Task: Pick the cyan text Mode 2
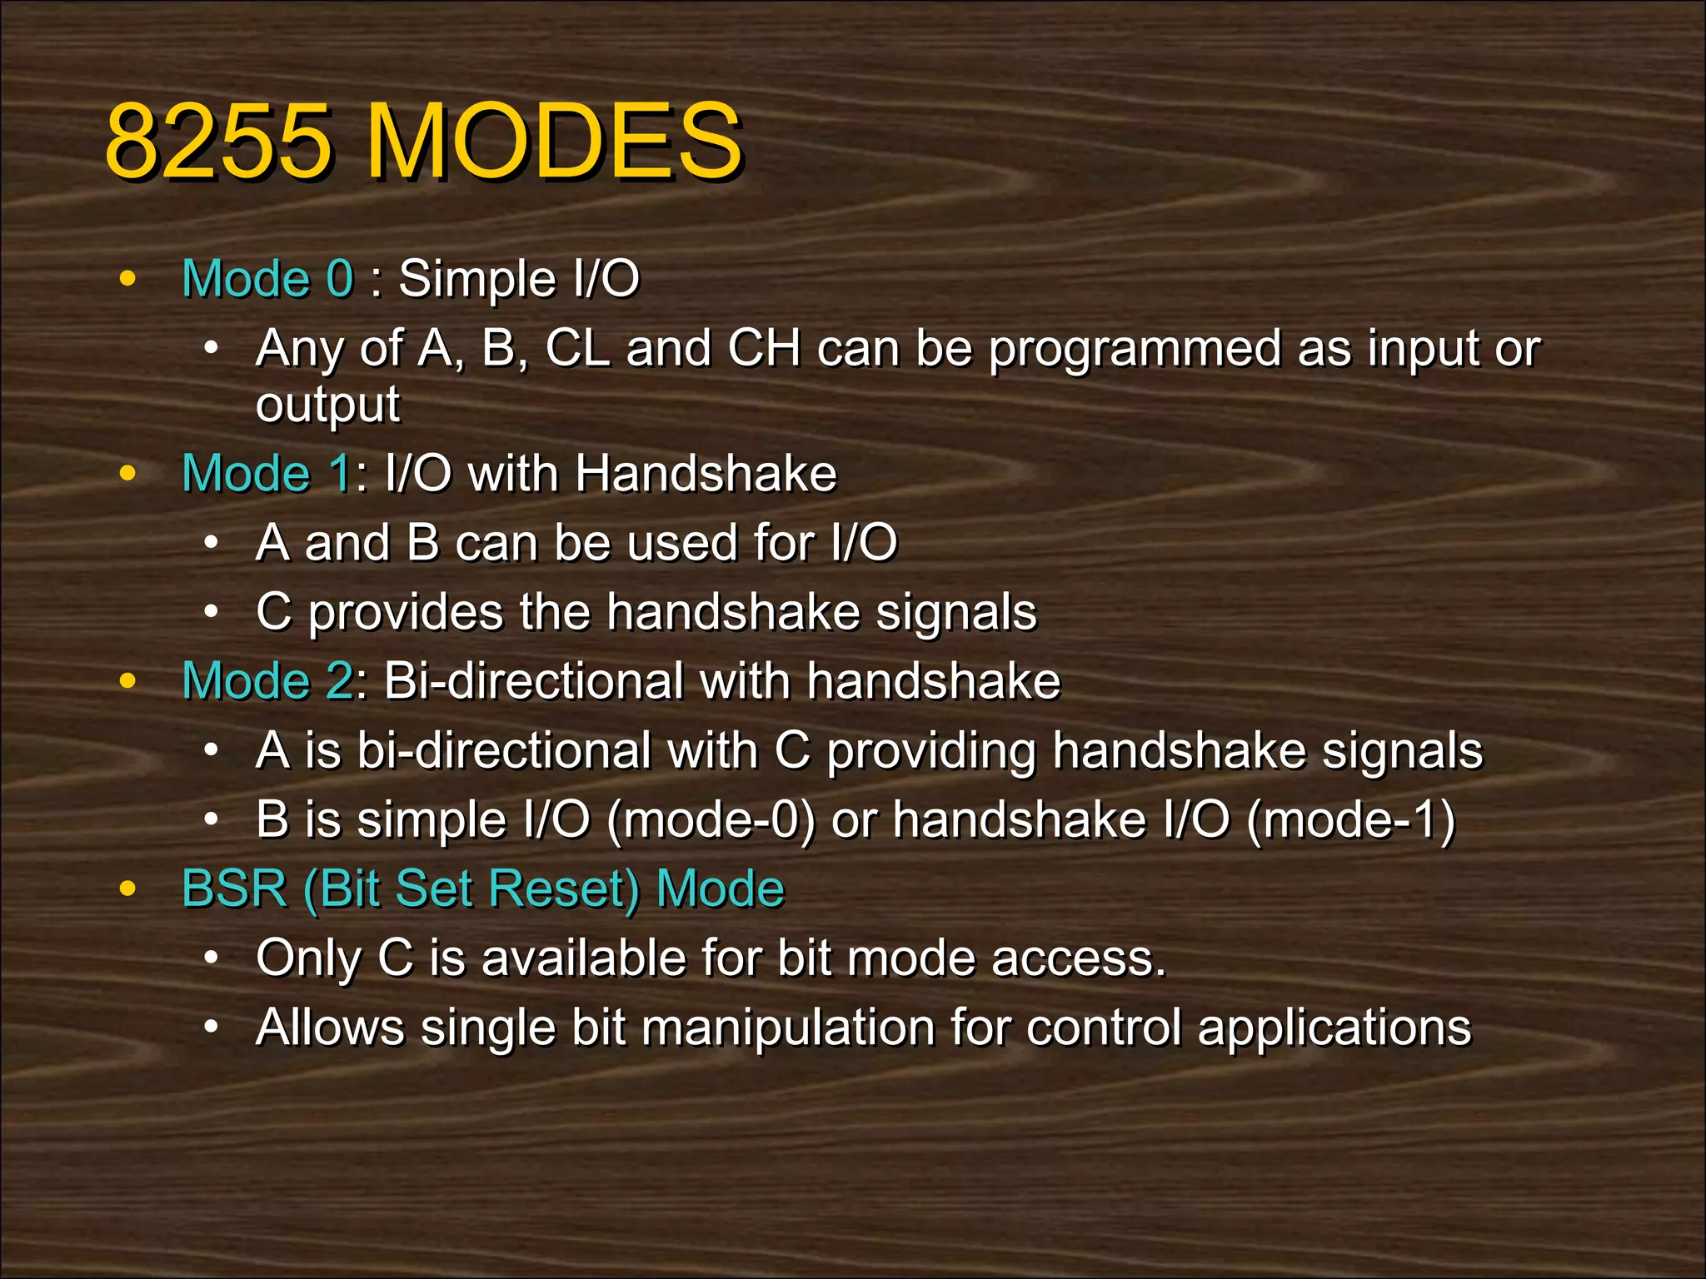click(x=267, y=680)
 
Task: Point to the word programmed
click(x=1135, y=349)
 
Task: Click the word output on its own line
click(x=327, y=405)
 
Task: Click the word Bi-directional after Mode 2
click(x=533, y=680)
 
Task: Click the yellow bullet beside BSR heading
click(x=127, y=888)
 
